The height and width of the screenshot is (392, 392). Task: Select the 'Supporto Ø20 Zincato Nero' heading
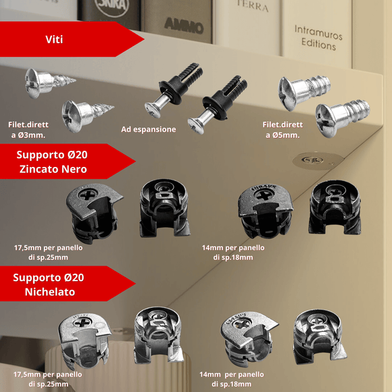[x=52, y=162]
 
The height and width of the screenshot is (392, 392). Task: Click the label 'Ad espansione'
[x=149, y=129]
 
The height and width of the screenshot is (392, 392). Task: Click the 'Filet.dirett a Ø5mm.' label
[x=283, y=129]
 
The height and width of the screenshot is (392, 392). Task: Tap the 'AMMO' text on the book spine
[x=183, y=28]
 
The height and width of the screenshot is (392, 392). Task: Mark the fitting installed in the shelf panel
[x=315, y=161]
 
